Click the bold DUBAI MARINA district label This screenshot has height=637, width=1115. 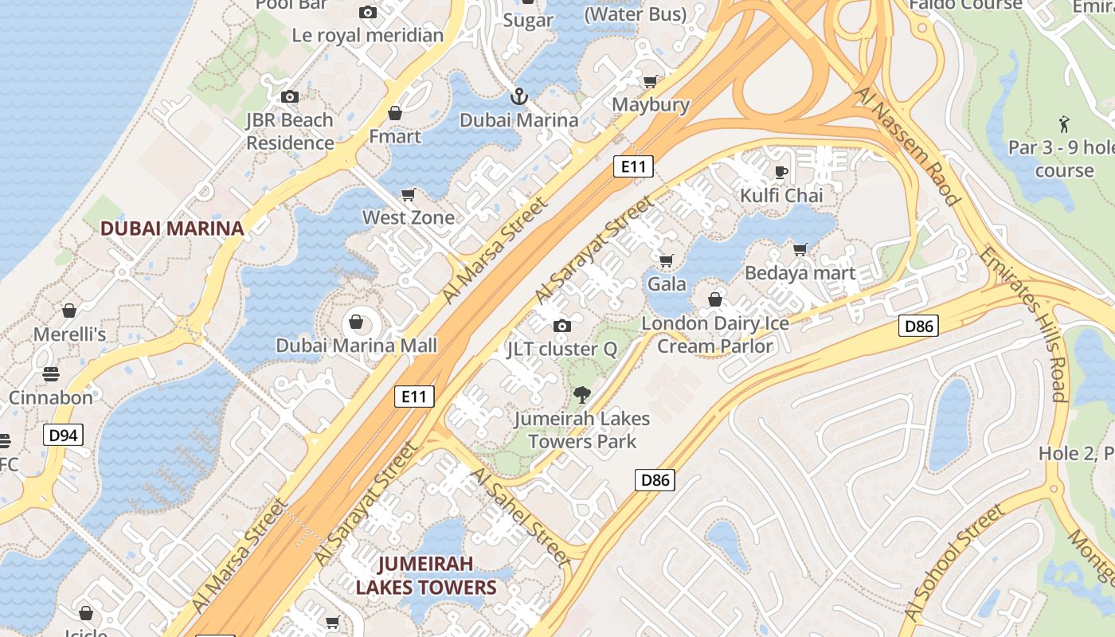172,229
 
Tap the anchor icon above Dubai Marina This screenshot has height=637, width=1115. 519,97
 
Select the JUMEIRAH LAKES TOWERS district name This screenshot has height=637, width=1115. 426,576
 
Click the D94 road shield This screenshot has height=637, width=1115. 63,435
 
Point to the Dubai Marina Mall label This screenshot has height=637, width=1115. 357,346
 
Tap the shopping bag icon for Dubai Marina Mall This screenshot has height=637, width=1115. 356,322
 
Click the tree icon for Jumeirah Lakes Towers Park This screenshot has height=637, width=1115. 582,394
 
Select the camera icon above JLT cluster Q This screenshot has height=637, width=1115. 562,326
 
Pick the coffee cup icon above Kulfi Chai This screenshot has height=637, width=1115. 781,172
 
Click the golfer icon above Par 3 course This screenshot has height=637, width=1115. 1064,124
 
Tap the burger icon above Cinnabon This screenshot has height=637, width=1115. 51,374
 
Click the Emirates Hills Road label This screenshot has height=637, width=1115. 1024,323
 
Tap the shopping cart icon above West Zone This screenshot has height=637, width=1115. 409,194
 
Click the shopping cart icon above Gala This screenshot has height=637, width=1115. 667,260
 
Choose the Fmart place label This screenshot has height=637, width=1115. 395,136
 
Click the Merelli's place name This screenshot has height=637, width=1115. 69,334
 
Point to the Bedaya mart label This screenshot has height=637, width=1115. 800,273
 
